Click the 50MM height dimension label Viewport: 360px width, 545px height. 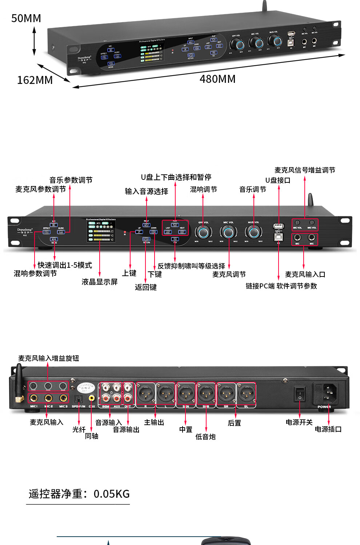point(26,18)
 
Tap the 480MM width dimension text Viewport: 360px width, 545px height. point(217,79)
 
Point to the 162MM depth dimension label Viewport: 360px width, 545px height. point(35,80)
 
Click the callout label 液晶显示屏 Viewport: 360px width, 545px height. point(100,282)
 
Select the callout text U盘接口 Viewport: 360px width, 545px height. point(278,180)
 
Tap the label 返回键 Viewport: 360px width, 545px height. point(146,287)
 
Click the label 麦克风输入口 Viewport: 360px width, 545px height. point(305,274)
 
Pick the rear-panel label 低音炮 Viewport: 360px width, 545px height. point(205,437)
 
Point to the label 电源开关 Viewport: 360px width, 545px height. point(299,422)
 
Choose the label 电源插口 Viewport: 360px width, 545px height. point(328,429)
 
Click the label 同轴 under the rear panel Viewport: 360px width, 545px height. point(92,436)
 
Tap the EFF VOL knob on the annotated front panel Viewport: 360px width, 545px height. point(203,232)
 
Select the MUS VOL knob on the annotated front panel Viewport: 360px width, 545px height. point(253,232)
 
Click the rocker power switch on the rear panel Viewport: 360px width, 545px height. point(300,394)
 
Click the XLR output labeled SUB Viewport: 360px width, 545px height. point(206,393)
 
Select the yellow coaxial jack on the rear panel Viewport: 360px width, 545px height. point(92,398)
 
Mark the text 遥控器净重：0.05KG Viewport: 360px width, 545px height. point(79,494)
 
